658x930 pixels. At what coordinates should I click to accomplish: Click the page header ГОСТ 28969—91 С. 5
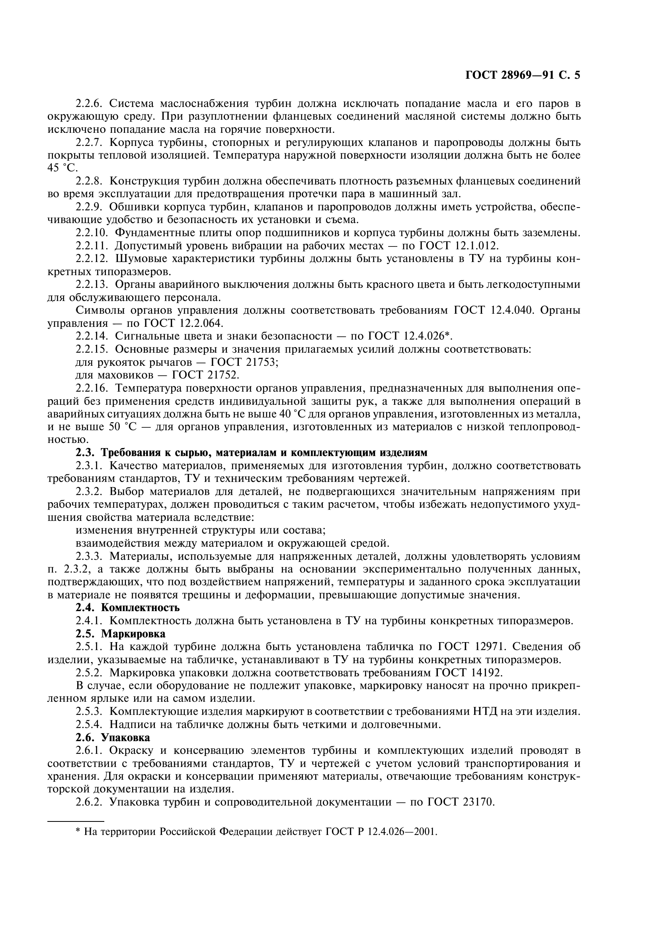point(523,75)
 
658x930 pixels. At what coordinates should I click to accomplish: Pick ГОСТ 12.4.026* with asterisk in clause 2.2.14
point(410,336)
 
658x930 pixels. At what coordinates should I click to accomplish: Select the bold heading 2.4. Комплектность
point(128,608)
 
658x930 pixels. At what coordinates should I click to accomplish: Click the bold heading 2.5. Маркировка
point(120,633)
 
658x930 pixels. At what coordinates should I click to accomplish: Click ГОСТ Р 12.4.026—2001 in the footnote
point(381,832)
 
